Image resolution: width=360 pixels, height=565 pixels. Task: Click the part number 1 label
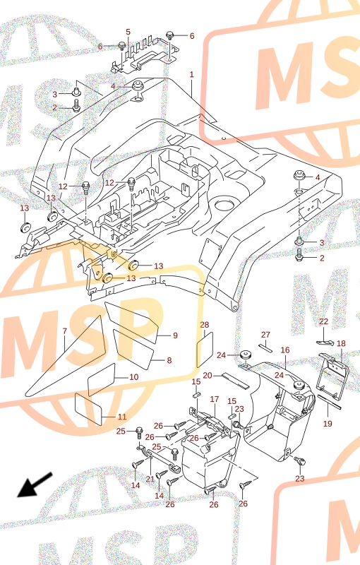coord(191,75)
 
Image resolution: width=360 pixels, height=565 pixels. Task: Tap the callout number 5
coord(128,32)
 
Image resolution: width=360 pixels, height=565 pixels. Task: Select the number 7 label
coord(65,331)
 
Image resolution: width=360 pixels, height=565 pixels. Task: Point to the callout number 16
coord(285,350)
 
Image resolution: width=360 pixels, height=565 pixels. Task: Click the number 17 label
coord(215,399)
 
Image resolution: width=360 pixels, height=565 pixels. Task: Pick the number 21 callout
coord(150,479)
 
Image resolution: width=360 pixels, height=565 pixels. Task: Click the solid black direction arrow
coord(35,485)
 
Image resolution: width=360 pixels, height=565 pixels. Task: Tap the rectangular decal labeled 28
coord(205,350)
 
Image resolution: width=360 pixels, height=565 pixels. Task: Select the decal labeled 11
coord(88,410)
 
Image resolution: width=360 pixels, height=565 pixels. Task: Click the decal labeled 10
coord(102,379)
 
